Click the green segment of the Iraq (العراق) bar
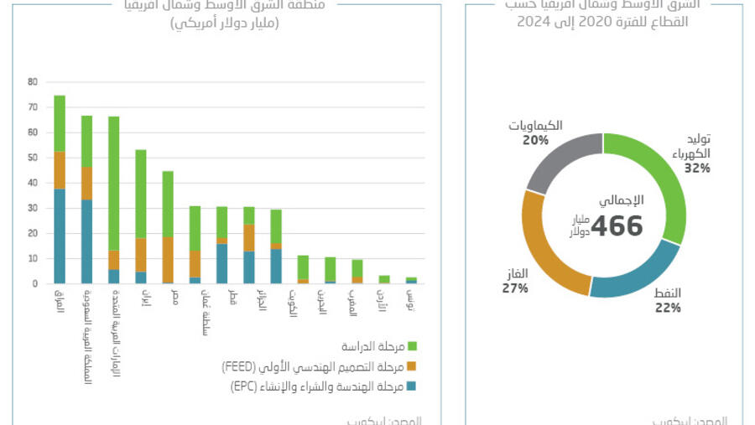pyautogui.click(x=60, y=123)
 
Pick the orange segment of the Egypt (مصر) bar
pyautogui.click(x=168, y=260)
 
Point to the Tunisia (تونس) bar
pyautogui.click(x=411, y=281)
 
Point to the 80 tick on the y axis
pyautogui.click(x=33, y=82)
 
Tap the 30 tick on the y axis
pyautogui.click(x=33, y=208)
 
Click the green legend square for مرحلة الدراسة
pyautogui.click(x=411, y=346)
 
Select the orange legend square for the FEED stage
pyautogui.click(x=411, y=366)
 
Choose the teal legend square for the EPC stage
pyautogui.click(x=411, y=386)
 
